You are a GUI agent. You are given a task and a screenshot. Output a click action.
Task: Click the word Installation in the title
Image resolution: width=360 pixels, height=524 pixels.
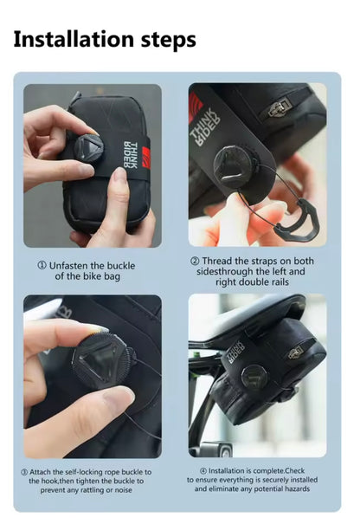click(x=72, y=39)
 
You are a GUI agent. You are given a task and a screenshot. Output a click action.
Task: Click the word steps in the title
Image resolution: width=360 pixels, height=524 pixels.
click(x=165, y=40)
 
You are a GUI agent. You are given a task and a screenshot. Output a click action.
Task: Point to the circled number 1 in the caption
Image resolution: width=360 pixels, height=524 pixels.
click(x=41, y=264)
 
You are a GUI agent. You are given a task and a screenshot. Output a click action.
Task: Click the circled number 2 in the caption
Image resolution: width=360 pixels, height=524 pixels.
click(x=195, y=261)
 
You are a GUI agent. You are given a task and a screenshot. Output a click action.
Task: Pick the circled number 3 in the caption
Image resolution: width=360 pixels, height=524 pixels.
click(x=25, y=471)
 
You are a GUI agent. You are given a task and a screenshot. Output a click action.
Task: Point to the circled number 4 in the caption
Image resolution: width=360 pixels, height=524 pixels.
click(x=192, y=471)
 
